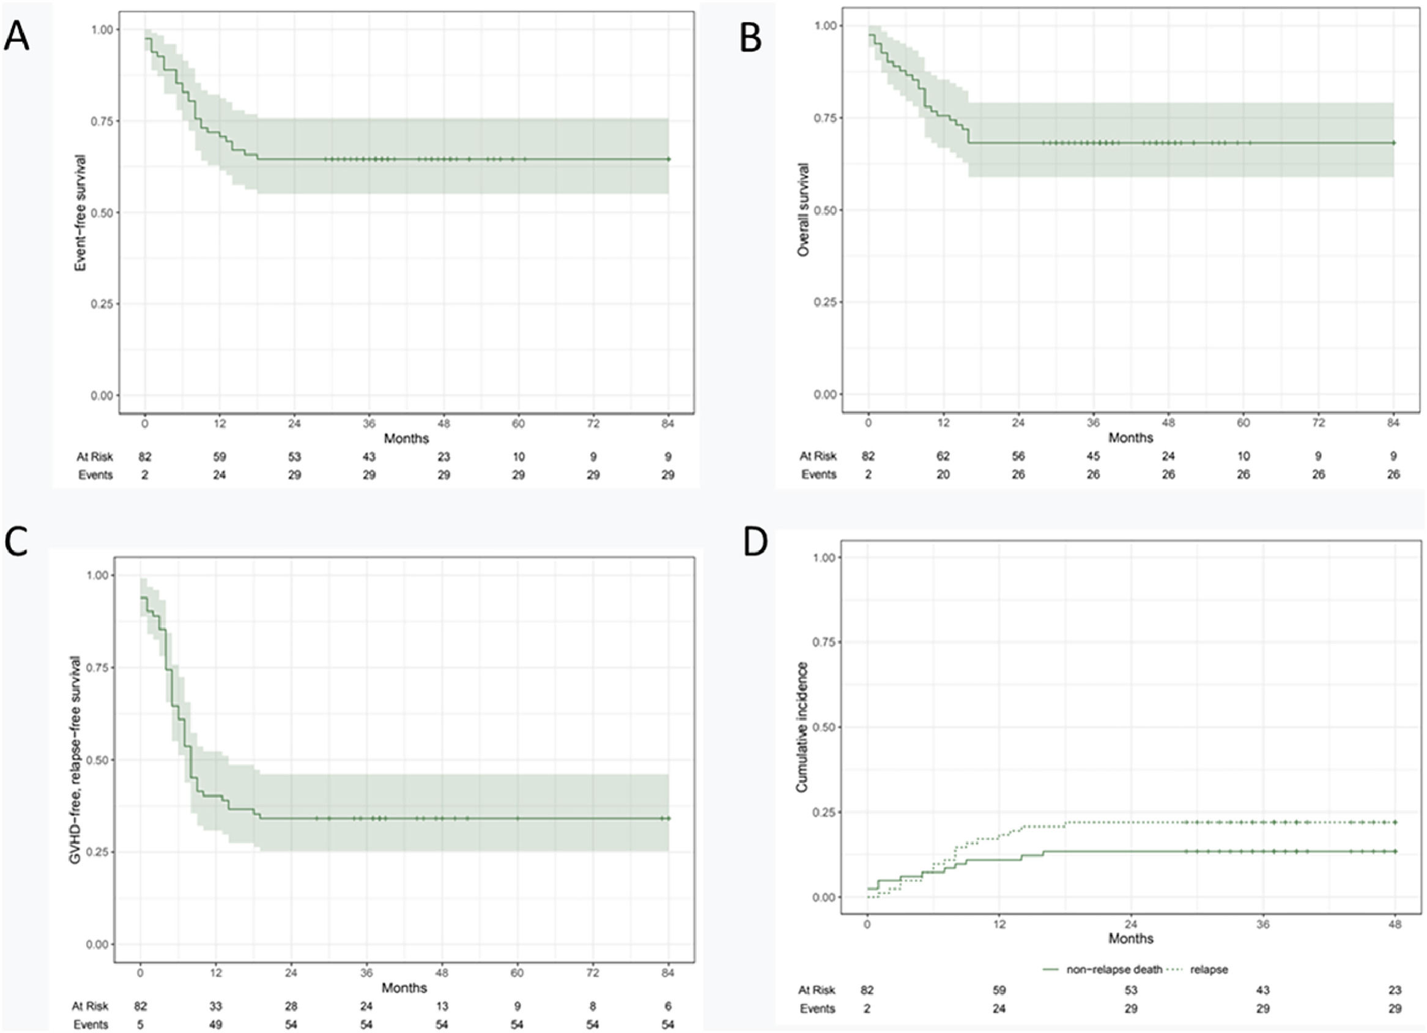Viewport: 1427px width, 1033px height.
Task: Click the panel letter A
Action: pos(17,38)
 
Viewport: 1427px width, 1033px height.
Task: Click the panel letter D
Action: pos(755,543)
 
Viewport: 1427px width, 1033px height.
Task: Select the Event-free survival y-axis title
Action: pos(80,213)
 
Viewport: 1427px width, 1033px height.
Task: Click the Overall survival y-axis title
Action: pos(804,210)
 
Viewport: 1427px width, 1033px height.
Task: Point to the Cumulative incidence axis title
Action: pos(802,727)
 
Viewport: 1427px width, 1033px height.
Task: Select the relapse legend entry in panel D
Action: pos(1208,969)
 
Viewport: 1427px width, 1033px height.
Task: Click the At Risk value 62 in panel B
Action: pos(943,457)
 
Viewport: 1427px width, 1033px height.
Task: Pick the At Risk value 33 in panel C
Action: pos(216,1006)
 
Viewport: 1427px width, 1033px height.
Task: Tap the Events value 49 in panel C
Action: pos(216,1024)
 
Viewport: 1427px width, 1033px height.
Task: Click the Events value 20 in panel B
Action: pos(943,475)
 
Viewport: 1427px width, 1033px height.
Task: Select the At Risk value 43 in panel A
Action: pos(369,457)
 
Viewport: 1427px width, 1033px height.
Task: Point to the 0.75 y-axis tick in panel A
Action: pos(102,121)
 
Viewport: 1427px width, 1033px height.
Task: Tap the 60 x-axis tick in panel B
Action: pos(1244,423)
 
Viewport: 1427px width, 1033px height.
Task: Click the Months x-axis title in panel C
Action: pos(404,988)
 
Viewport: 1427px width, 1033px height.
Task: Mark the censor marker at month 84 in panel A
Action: pos(668,159)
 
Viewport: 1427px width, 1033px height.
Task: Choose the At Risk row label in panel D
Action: pos(817,990)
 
